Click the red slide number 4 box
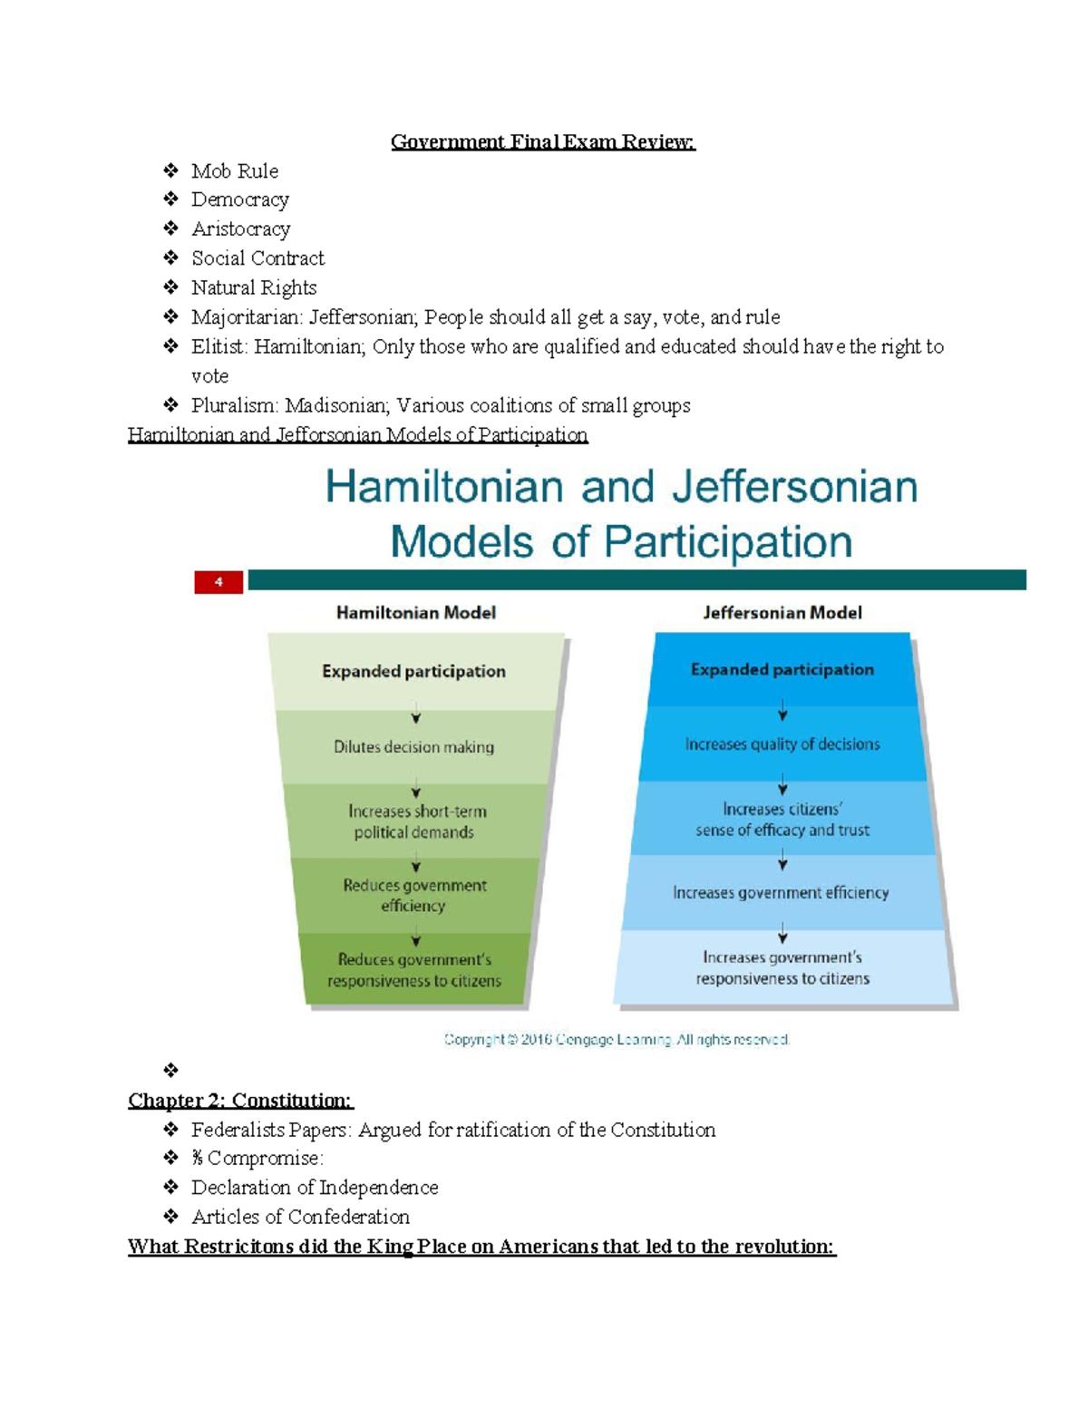click(x=219, y=582)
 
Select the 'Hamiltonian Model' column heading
click(x=416, y=613)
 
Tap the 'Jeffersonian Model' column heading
click(x=782, y=613)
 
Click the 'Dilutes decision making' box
click(x=414, y=748)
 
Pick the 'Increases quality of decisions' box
click(x=782, y=744)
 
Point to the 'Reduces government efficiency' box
click(x=414, y=896)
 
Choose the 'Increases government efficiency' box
click(x=781, y=893)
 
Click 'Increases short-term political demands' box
click(x=414, y=821)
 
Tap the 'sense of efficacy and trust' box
click(x=782, y=820)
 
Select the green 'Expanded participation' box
click(x=414, y=672)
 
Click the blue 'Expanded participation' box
click(x=782, y=670)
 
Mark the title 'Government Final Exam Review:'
click(x=542, y=141)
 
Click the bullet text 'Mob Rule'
click(x=235, y=171)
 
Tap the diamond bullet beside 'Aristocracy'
click(x=170, y=228)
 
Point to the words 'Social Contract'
click(x=257, y=258)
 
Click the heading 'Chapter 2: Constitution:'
click(x=240, y=1101)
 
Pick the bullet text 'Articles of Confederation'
click(x=300, y=1217)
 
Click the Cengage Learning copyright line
click(x=617, y=1040)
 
